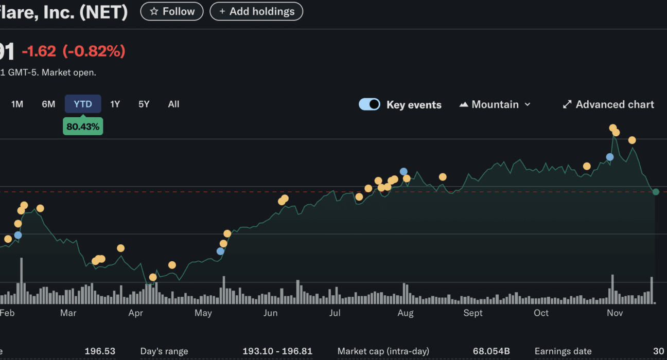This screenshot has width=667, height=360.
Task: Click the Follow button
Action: pos(172,11)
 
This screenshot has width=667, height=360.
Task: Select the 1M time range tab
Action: pos(17,104)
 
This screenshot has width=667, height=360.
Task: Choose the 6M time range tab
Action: pos(48,104)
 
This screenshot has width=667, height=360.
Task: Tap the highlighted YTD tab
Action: pos(83,104)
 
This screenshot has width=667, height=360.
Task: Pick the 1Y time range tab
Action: pos(115,104)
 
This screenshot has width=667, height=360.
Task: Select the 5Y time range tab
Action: pos(144,104)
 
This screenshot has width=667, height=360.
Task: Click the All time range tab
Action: pos(173,104)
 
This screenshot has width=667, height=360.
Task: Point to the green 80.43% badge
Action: pos(83,126)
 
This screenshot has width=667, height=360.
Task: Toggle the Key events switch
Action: pos(370,104)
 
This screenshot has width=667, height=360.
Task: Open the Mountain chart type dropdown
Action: pos(495,104)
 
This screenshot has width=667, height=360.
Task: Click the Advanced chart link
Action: pos(608,104)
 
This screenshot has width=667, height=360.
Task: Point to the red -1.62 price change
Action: pos(39,51)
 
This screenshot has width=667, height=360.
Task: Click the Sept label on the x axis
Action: pos(473,313)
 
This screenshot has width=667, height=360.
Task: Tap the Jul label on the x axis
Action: pos(335,313)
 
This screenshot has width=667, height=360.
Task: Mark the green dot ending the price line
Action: pos(656,192)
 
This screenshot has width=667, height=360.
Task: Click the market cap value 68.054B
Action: pos(491,351)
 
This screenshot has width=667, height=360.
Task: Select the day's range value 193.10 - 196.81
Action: pos(277,351)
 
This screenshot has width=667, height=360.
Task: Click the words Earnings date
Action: pos(563,351)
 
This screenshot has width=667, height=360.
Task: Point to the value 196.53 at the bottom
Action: pos(100,351)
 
